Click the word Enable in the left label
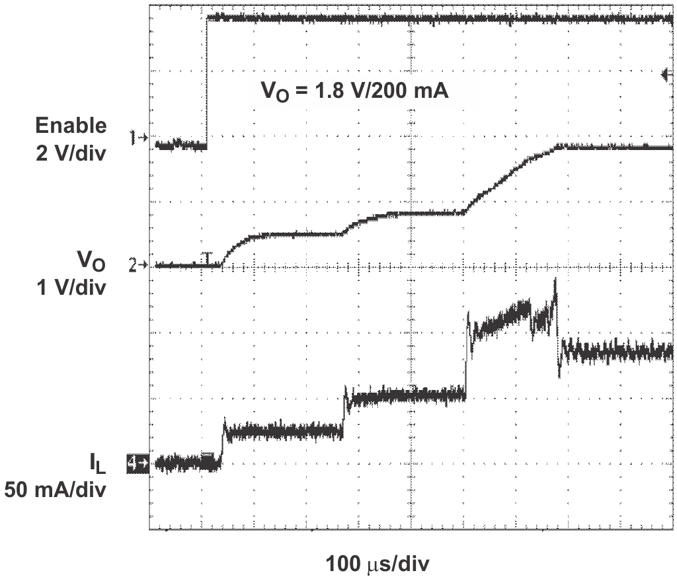[71, 125]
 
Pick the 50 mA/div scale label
[56, 491]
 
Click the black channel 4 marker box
[138, 465]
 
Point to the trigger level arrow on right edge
[666, 75]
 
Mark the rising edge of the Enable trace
[207, 79]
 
